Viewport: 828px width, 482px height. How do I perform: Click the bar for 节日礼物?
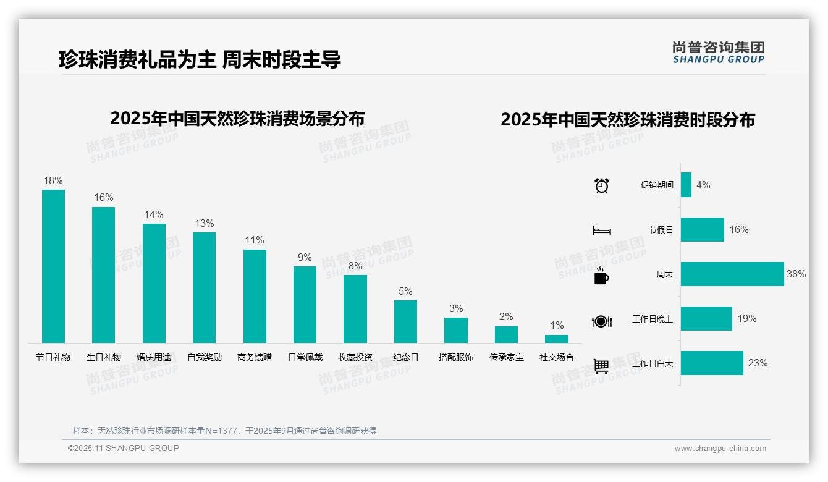click(53, 266)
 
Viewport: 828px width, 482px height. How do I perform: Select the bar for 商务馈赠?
click(255, 296)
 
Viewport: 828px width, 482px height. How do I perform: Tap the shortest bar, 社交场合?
click(557, 339)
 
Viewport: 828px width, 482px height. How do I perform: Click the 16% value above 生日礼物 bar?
click(104, 198)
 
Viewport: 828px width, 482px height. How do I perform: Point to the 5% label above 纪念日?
click(405, 292)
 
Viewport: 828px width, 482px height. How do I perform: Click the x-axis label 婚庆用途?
click(154, 357)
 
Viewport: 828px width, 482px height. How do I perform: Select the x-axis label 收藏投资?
click(355, 357)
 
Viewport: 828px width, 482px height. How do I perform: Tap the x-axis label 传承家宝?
click(507, 357)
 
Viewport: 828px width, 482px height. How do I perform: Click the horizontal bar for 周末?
click(732, 274)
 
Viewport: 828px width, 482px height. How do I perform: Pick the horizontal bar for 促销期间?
click(686, 185)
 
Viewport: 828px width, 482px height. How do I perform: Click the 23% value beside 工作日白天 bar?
click(758, 363)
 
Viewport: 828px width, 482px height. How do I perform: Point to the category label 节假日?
click(661, 230)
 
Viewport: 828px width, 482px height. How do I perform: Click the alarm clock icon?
click(602, 185)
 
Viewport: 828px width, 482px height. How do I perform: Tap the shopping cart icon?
click(601, 366)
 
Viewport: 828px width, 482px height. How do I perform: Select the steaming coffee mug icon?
click(601, 276)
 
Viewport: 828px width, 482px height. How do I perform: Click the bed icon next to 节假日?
click(601, 230)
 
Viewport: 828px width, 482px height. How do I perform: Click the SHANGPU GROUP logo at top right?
click(719, 53)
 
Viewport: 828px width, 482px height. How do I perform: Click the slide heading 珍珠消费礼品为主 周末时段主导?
click(200, 59)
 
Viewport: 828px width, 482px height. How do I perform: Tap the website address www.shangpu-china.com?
click(720, 449)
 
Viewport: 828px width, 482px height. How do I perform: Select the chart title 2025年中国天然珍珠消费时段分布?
click(628, 120)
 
